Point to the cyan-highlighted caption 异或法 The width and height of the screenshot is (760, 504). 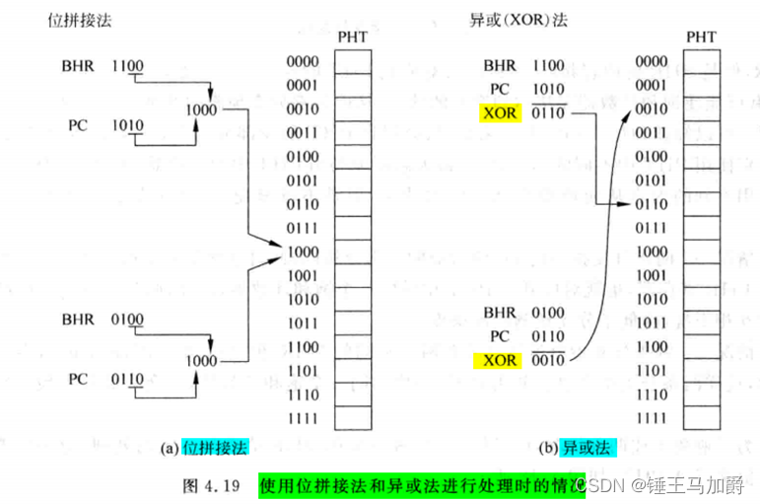[587, 447]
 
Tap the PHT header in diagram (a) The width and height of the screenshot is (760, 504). [352, 37]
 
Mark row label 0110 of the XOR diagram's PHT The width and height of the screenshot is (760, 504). [651, 203]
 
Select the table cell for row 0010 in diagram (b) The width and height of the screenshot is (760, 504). [700, 108]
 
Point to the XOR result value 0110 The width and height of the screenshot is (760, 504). [547, 113]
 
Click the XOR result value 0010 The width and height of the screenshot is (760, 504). [547, 360]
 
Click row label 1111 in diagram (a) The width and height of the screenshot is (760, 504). [303, 417]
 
